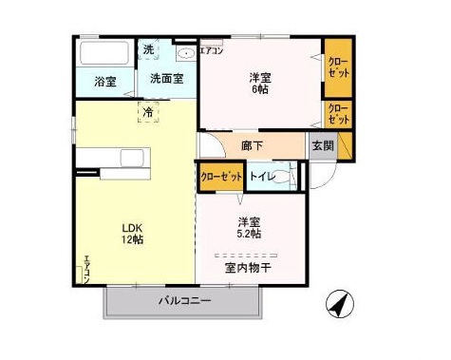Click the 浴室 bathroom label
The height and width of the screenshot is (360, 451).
pos(105,82)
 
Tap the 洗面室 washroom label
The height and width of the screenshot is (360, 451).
pos(166,80)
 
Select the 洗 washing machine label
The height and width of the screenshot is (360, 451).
pos(148,49)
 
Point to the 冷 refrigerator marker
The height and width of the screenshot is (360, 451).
pos(147,113)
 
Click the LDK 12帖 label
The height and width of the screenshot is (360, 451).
pos(131,234)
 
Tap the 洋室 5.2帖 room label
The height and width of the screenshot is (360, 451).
pos(249,228)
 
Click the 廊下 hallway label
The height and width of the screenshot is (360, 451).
pos(252,147)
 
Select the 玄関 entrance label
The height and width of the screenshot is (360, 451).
pos(322,146)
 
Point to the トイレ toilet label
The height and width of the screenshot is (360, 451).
pos(263,176)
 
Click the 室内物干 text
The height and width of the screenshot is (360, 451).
pos(248,268)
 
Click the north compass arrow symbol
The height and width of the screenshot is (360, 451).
pos(337,306)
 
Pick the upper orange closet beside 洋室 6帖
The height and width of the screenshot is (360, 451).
pos(337,67)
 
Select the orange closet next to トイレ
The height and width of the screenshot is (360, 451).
pos(221,177)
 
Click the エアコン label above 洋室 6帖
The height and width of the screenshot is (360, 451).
pos(212,51)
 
